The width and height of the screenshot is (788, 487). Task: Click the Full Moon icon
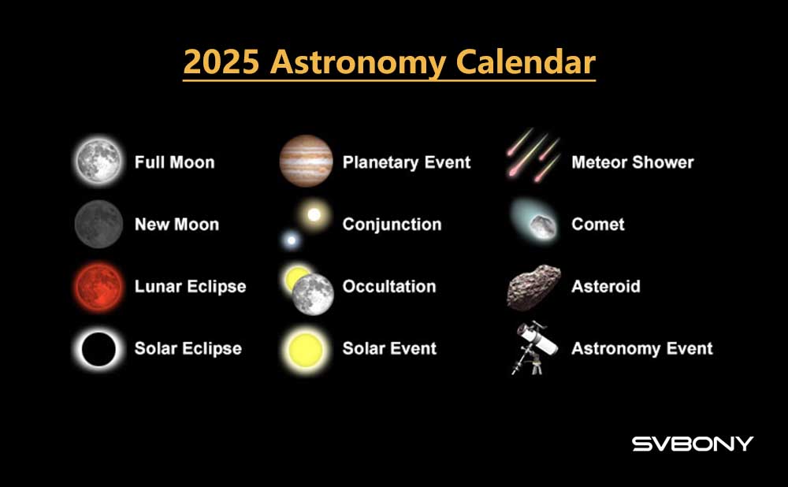pos(98,162)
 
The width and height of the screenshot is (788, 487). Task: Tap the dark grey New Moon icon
pos(98,224)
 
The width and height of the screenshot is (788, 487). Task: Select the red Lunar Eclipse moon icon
pos(98,287)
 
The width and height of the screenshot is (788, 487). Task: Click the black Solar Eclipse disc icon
pos(98,349)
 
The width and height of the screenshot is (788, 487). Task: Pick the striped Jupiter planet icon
pos(306,161)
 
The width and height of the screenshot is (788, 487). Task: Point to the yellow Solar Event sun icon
pos(306,349)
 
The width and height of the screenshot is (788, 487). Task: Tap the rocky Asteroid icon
pos(533,288)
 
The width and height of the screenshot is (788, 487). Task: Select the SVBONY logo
pos(693,444)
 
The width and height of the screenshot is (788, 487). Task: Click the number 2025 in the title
pos(221,61)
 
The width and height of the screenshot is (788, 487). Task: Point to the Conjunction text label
pos(392,224)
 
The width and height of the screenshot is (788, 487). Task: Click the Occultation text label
pos(389,287)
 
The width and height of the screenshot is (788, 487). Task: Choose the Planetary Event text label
pos(407,162)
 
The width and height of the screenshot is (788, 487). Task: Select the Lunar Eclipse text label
pos(191,287)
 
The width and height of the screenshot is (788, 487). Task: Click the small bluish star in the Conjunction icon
pos(291,240)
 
